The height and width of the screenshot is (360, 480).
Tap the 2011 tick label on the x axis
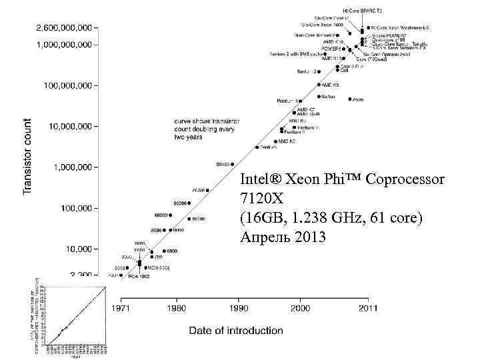(367, 309)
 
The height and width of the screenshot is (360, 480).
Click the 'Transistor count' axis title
(27, 157)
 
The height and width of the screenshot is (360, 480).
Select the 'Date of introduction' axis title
(236, 330)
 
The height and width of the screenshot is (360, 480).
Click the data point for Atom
(350, 99)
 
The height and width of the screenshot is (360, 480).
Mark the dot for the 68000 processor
(172, 215)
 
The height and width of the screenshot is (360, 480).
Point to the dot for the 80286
(189, 203)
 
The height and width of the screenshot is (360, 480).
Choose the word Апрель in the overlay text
(262, 236)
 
